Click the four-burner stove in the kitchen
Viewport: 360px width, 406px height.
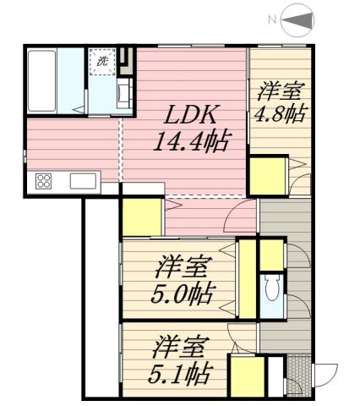[x=43, y=180]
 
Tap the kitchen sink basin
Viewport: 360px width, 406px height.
[x=82, y=180]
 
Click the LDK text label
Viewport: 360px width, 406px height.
[x=190, y=116]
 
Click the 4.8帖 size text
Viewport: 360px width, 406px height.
[x=279, y=115]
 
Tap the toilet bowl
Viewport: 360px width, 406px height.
[x=272, y=290]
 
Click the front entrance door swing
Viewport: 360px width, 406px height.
[x=325, y=374]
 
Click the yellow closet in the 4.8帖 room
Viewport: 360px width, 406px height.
[x=267, y=176]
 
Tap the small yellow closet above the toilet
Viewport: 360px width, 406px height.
[x=270, y=255]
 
